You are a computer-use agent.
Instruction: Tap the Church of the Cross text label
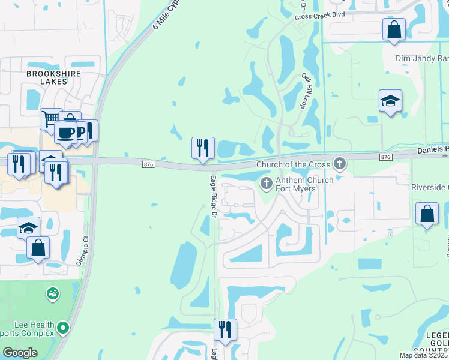pos(293,165)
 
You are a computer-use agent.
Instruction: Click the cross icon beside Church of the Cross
pos(340,163)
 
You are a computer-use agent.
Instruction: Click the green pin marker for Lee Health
pos(62,328)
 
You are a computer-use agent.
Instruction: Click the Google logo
pos(20,352)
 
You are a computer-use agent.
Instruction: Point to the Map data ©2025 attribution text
pos(424,355)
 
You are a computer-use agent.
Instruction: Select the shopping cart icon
pos(50,118)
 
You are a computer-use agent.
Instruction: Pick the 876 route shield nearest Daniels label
pos(385,157)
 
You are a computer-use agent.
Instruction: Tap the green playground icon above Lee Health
pos(53,294)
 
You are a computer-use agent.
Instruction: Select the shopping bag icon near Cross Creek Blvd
pos(394,29)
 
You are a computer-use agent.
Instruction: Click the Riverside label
pos(430,187)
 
